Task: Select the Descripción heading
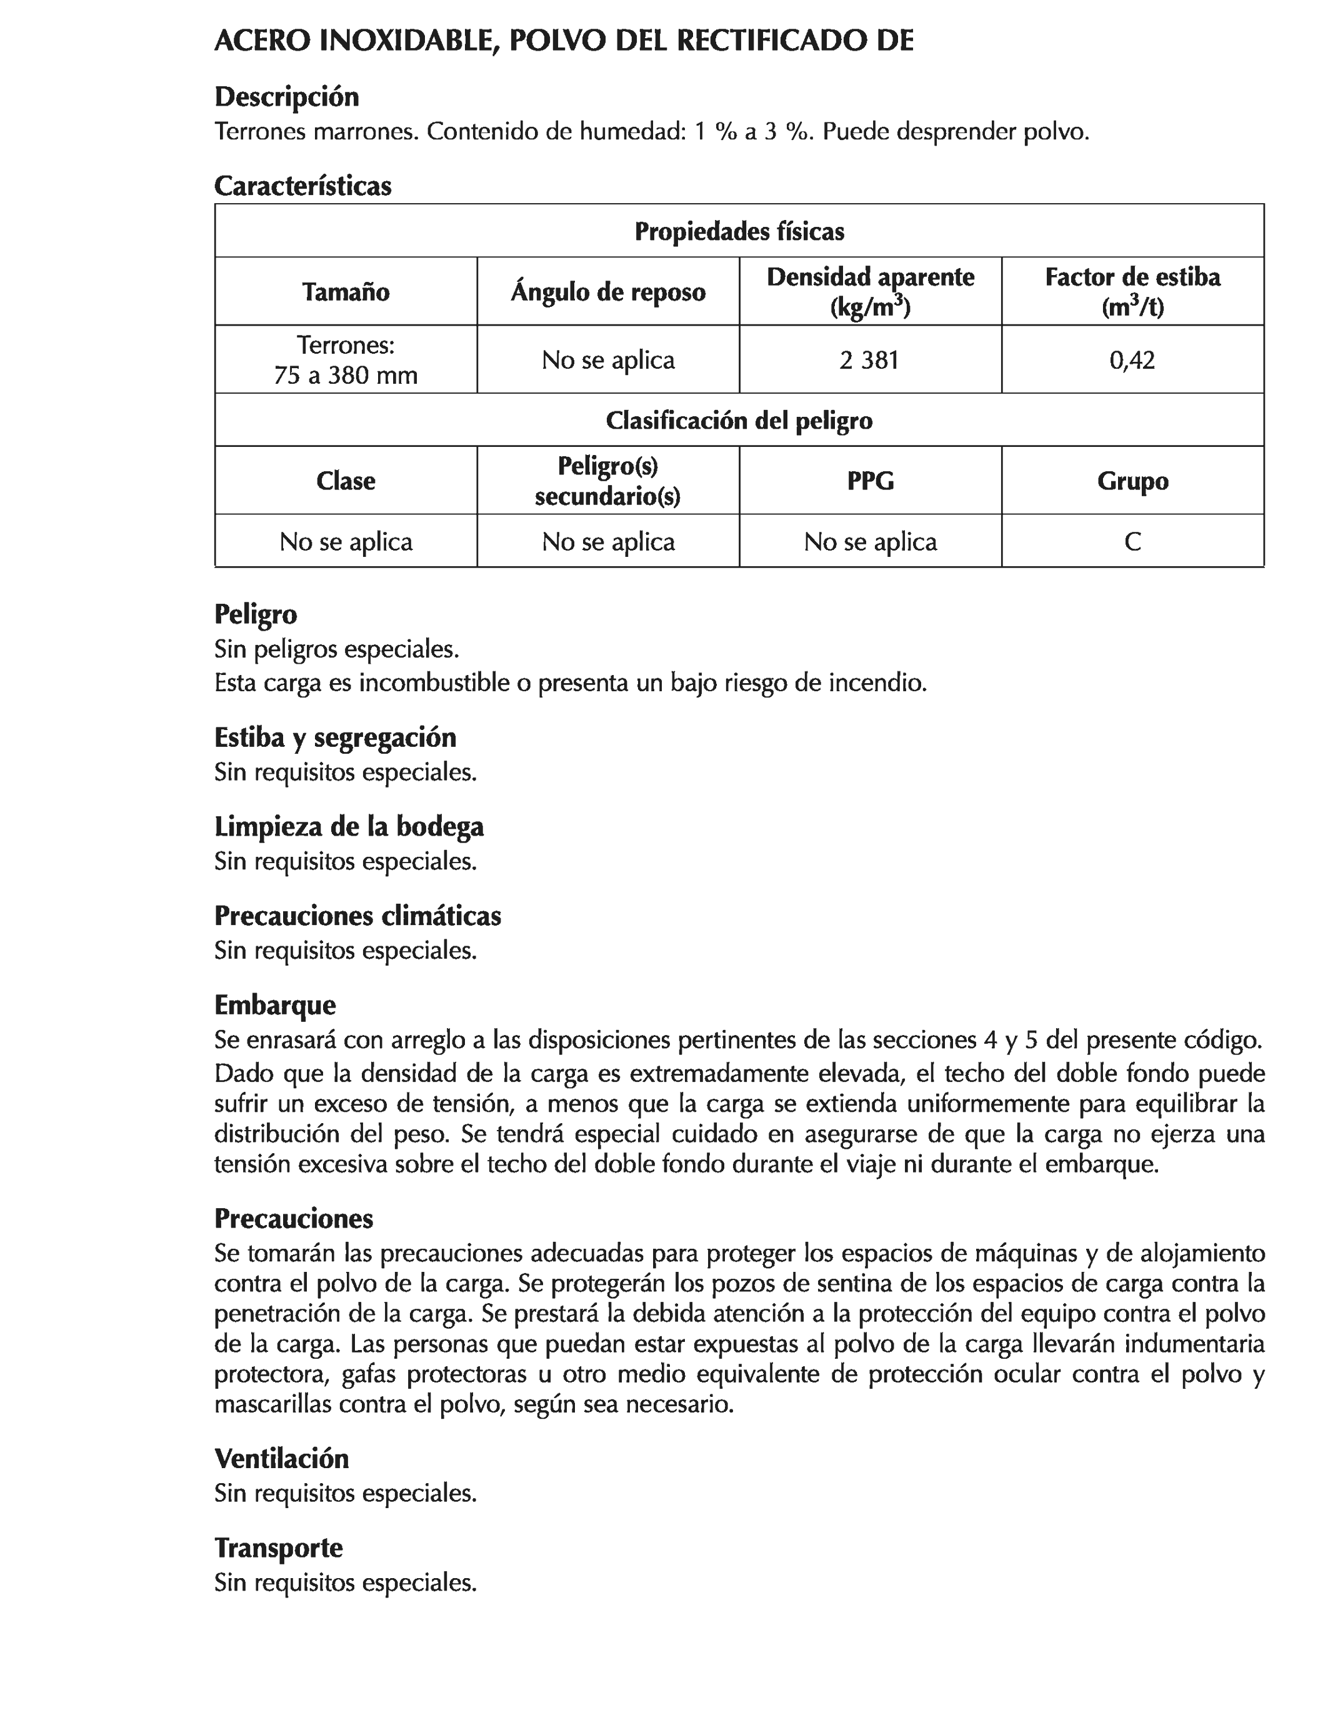pyautogui.click(x=287, y=97)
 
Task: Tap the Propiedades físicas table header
pyautogui.click(x=739, y=231)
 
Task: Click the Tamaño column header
pyautogui.click(x=346, y=292)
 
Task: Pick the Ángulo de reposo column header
pyautogui.click(x=608, y=292)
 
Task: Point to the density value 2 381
pyautogui.click(x=869, y=360)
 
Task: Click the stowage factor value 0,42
pyautogui.click(x=1132, y=360)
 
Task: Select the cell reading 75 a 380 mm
pyautogui.click(x=346, y=375)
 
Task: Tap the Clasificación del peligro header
pyautogui.click(x=739, y=421)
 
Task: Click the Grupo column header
pyautogui.click(x=1132, y=481)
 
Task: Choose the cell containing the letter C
pyautogui.click(x=1132, y=542)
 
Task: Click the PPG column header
pyautogui.click(x=870, y=481)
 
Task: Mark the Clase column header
pyautogui.click(x=346, y=481)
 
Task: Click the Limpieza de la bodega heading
pyautogui.click(x=349, y=827)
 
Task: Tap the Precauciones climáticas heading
pyautogui.click(x=357, y=916)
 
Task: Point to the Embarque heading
pyautogui.click(x=275, y=1006)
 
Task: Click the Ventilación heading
pyautogui.click(x=281, y=1459)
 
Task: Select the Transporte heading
pyautogui.click(x=278, y=1548)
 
